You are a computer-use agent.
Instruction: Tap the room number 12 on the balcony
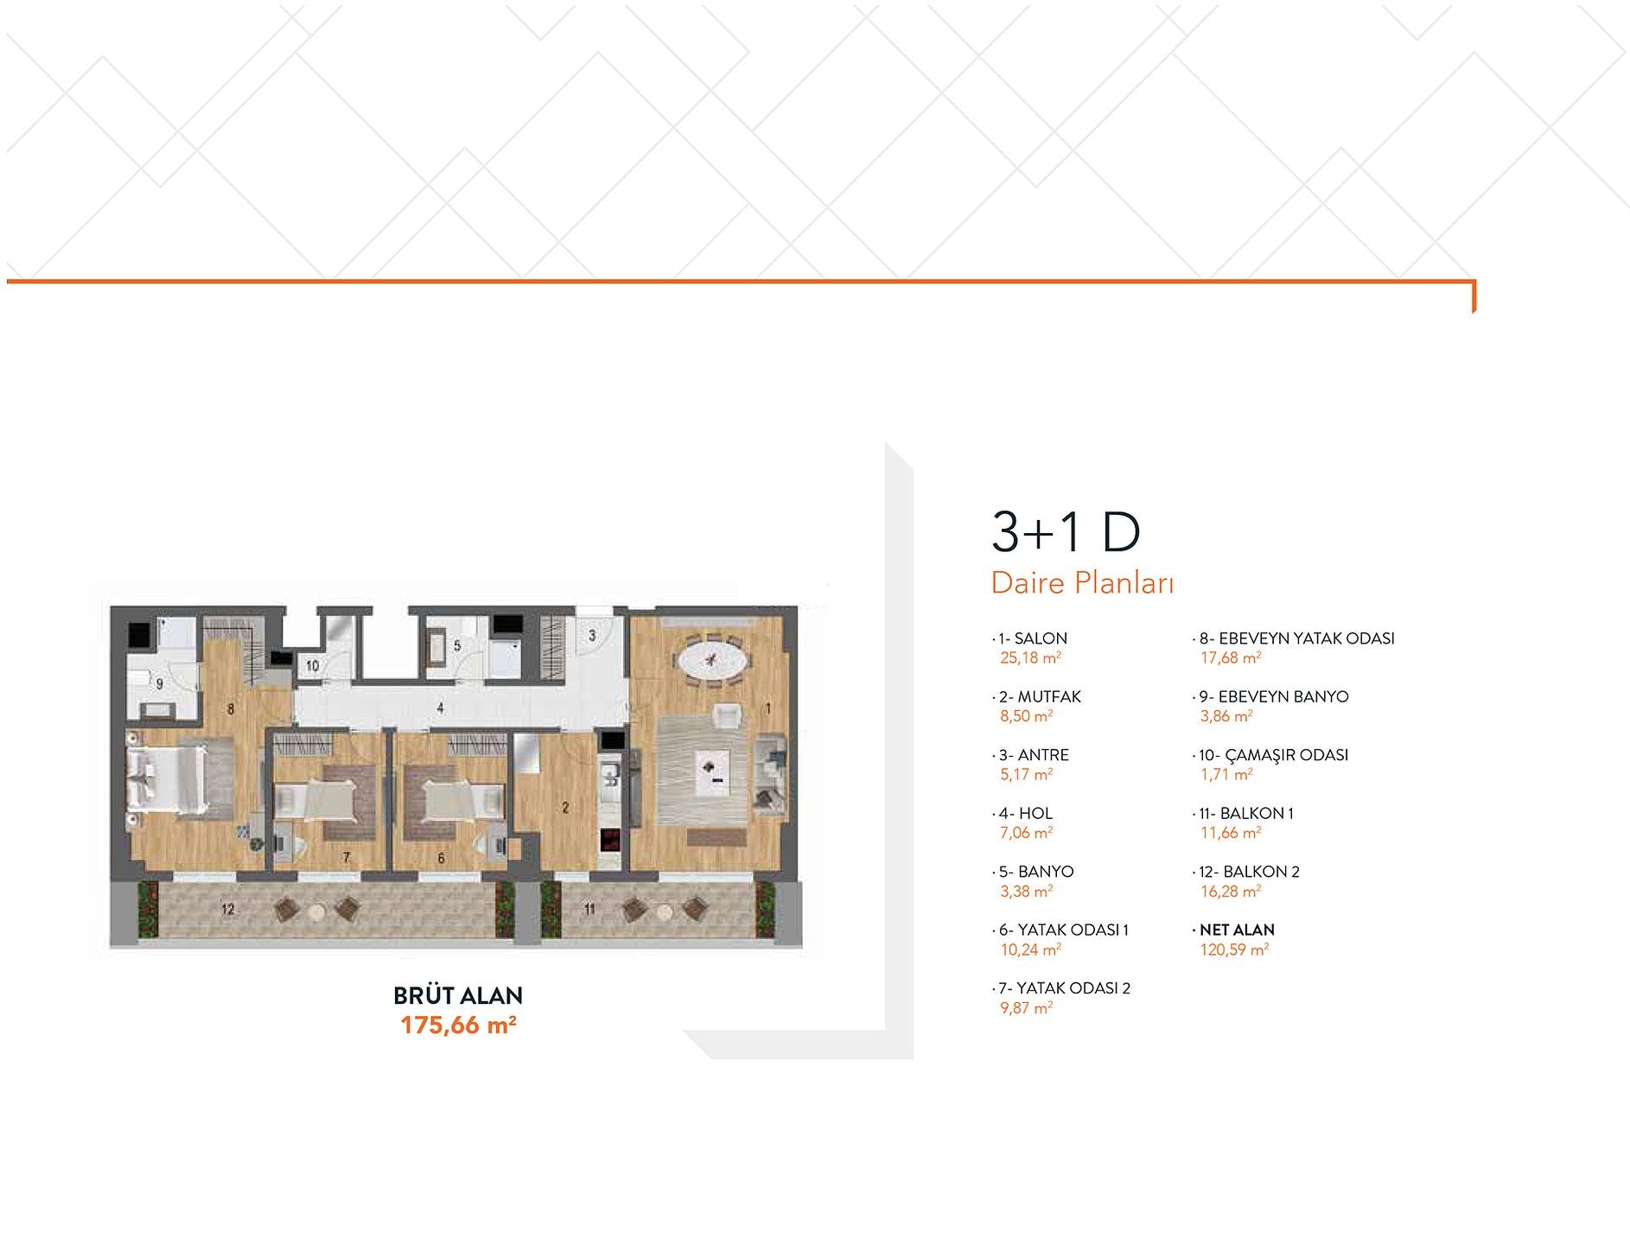tap(228, 909)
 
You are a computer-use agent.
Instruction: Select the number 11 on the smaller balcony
tap(589, 909)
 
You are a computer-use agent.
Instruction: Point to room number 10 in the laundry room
tap(312, 665)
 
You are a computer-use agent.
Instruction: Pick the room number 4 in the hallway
tap(440, 708)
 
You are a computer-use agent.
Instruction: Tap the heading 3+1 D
tap(1066, 532)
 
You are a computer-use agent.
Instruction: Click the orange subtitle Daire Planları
tap(1082, 583)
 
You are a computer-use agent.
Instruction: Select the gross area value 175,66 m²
tap(458, 1025)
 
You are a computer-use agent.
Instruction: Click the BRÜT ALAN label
tap(458, 996)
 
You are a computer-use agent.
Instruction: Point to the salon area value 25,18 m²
tap(1030, 657)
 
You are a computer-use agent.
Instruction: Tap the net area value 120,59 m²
tap(1234, 949)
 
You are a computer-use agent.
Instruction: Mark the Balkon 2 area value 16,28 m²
tap(1231, 891)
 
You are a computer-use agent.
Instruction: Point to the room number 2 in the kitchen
tap(565, 808)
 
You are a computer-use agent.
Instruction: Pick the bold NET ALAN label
tap(1237, 930)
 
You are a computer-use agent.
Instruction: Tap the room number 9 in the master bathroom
tap(159, 684)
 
